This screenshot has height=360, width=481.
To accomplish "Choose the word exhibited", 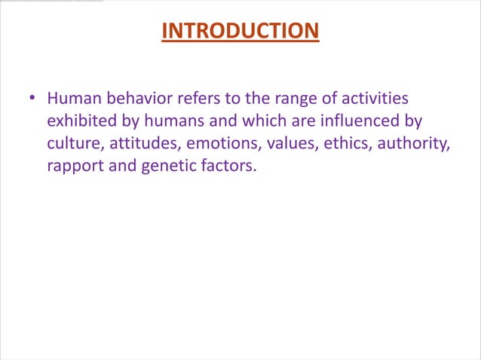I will click(81, 121).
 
